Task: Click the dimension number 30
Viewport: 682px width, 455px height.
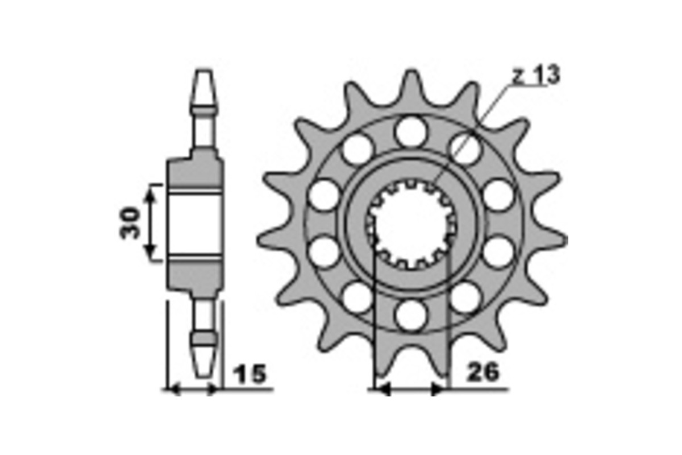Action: (x=130, y=223)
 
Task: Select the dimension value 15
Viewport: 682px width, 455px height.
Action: (x=249, y=374)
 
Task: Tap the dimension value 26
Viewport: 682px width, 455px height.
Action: (x=483, y=372)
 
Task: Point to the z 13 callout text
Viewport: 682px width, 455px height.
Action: (x=536, y=75)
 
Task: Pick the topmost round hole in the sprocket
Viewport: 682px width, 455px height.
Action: (x=411, y=131)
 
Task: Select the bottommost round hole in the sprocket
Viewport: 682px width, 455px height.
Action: (x=411, y=315)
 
